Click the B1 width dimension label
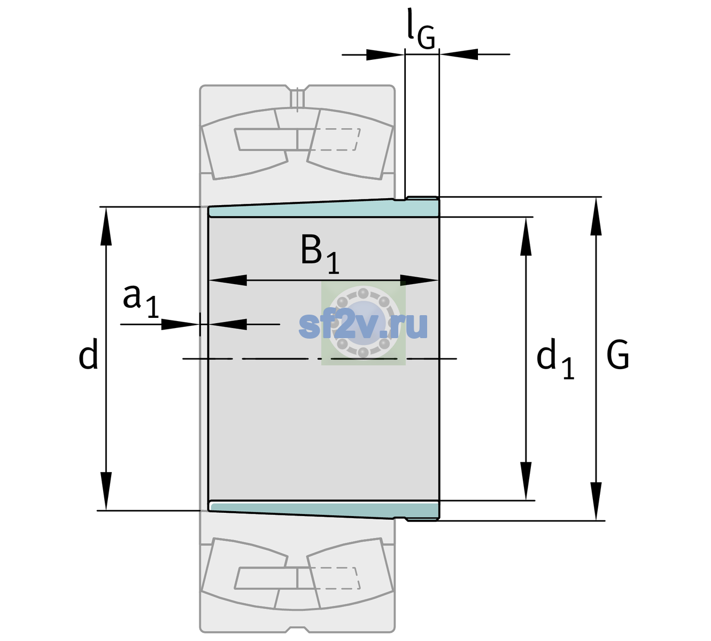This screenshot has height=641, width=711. [x=320, y=254]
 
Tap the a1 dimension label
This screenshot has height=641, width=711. [x=141, y=301]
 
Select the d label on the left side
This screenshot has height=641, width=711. [x=88, y=354]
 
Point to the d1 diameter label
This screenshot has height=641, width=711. [x=555, y=358]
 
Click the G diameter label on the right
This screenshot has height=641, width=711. [x=618, y=355]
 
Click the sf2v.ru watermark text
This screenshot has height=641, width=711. [x=364, y=325]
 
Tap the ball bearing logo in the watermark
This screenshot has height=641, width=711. [x=364, y=323]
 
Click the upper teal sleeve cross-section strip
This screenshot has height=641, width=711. [x=324, y=209]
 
